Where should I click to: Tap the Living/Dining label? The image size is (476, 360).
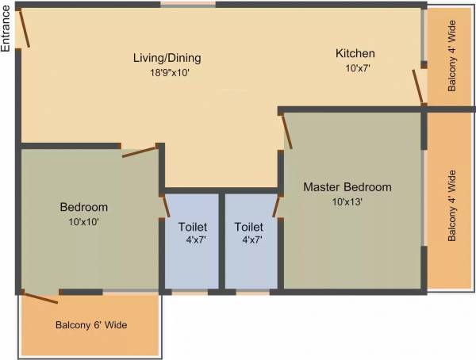coord(167,58)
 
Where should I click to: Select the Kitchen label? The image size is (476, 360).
coord(355,53)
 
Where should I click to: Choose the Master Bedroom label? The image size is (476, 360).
coord(347,187)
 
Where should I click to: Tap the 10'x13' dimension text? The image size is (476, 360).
coord(347,201)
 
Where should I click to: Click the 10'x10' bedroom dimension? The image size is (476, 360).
coord(84,222)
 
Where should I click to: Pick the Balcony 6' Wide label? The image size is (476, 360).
coord(91,325)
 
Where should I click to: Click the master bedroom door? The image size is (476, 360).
coord(286,131)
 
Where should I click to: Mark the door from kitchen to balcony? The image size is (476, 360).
coord(417,86)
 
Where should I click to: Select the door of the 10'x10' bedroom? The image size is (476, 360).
coord(140,151)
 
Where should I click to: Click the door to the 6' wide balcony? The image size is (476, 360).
coord(40,297)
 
